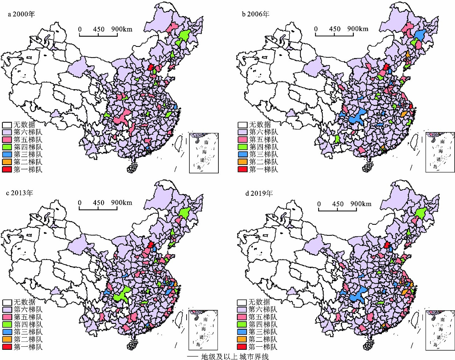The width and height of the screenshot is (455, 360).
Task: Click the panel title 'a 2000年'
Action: click(22, 14)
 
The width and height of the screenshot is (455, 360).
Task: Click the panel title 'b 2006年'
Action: click(256, 14)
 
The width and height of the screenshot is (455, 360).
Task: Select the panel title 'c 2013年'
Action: click(22, 193)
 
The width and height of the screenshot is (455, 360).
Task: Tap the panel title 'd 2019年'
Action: click(259, 193)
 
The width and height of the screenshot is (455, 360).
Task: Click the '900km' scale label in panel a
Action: click(122, 29)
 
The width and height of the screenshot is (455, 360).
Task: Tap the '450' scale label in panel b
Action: click(335, 29)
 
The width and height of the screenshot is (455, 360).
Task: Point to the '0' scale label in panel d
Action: click(319, 204)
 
